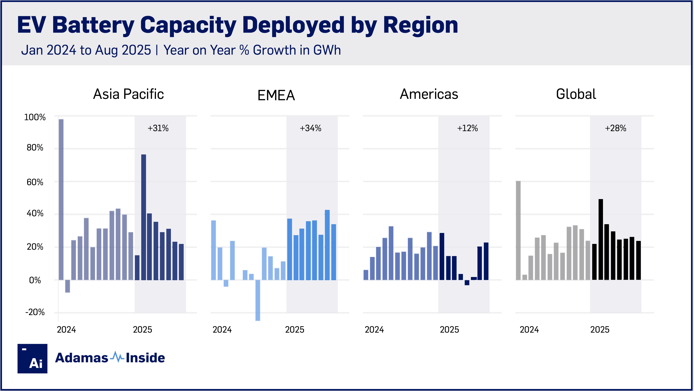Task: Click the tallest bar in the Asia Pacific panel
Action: coord(61,199)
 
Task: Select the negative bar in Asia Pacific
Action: coord(68,286)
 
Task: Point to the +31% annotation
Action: coord(158,128)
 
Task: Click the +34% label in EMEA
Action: coord(310,128)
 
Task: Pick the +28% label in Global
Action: coord(615,128)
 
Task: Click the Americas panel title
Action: coord(429,94)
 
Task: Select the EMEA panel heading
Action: coord(276,95)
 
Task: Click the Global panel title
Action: coord(576,94)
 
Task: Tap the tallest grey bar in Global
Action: coord(518,230)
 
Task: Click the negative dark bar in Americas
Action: coord(467,283)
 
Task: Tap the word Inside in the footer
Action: coord(145,358)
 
